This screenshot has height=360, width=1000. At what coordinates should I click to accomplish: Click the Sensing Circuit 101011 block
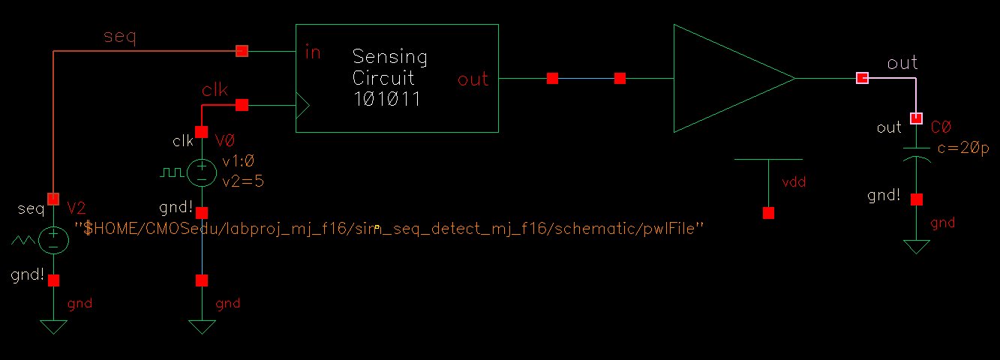point(397,78)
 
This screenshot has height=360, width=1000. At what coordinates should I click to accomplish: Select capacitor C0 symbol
point(916,154)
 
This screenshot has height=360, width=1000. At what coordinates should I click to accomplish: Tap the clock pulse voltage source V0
point(201,174)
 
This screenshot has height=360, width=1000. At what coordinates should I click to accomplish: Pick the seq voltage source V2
point(53,240)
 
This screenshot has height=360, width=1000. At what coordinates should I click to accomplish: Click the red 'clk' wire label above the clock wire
point(215,89)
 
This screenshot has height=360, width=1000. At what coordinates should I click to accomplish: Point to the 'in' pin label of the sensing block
point(313,52)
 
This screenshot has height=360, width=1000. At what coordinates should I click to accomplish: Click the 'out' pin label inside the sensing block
point(473,79)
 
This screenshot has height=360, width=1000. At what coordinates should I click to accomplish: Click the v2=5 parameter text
point(243,180)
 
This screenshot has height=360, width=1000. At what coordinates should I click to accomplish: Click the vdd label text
point(794,181)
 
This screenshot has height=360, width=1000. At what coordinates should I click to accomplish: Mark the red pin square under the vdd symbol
point(767,213)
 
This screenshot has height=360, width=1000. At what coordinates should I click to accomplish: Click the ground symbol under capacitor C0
point(916,247)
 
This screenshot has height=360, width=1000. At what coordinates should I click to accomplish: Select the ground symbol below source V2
point(53,326)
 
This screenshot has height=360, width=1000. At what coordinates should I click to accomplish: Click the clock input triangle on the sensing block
point(302,106)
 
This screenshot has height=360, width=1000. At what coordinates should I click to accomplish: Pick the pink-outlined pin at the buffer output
point(862,78)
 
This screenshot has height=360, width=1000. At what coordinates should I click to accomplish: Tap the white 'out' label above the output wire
point(902,63)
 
